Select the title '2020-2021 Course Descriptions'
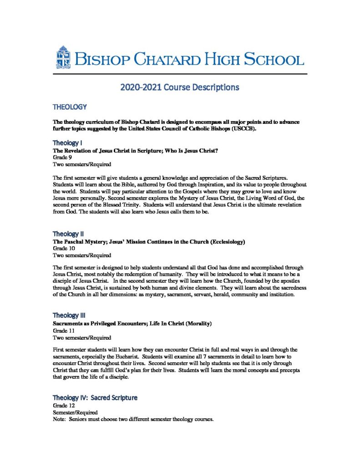coord(180,86)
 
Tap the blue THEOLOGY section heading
coord(70,107)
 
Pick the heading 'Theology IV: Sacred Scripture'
coord(95,397)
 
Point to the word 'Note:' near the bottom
coord(60,419)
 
